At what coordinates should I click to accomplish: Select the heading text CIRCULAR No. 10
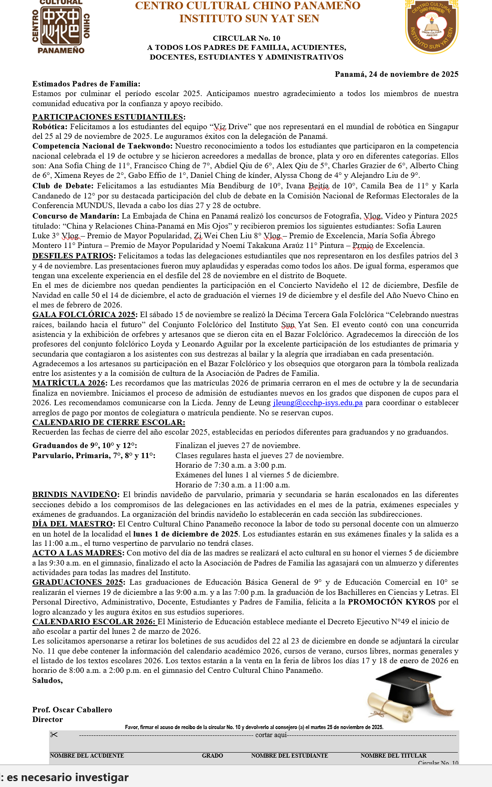click(x=246, y=38)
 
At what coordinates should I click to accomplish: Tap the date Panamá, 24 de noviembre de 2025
click(x=396, y=74)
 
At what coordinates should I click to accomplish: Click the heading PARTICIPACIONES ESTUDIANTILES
click(x=108, y=117)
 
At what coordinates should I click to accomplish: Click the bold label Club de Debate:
click(x=63, y=186)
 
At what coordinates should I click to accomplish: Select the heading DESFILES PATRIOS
click(x=73, y=256)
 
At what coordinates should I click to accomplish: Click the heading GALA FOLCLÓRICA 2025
click(x=84, y=315)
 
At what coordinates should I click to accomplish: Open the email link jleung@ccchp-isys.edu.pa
click(x=318, y=403)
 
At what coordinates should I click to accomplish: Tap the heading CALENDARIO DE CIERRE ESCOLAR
click(x=108, y=422)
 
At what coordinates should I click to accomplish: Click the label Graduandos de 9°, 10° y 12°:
click(x=84, y=446)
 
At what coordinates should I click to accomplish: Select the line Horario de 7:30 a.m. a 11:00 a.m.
click(x=232, y=485)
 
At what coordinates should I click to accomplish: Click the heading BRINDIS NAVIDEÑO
click(x=75, y=495)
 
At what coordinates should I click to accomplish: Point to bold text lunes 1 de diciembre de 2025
click(x=185, y=534)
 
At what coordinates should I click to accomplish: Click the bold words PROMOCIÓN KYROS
click(x=391, y=602)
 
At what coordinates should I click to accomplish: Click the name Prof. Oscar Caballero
click(x=72, y=710)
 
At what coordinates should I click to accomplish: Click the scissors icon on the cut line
click(x=54, y=735)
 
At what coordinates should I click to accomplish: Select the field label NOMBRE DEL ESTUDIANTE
click(x=289, y=756)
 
